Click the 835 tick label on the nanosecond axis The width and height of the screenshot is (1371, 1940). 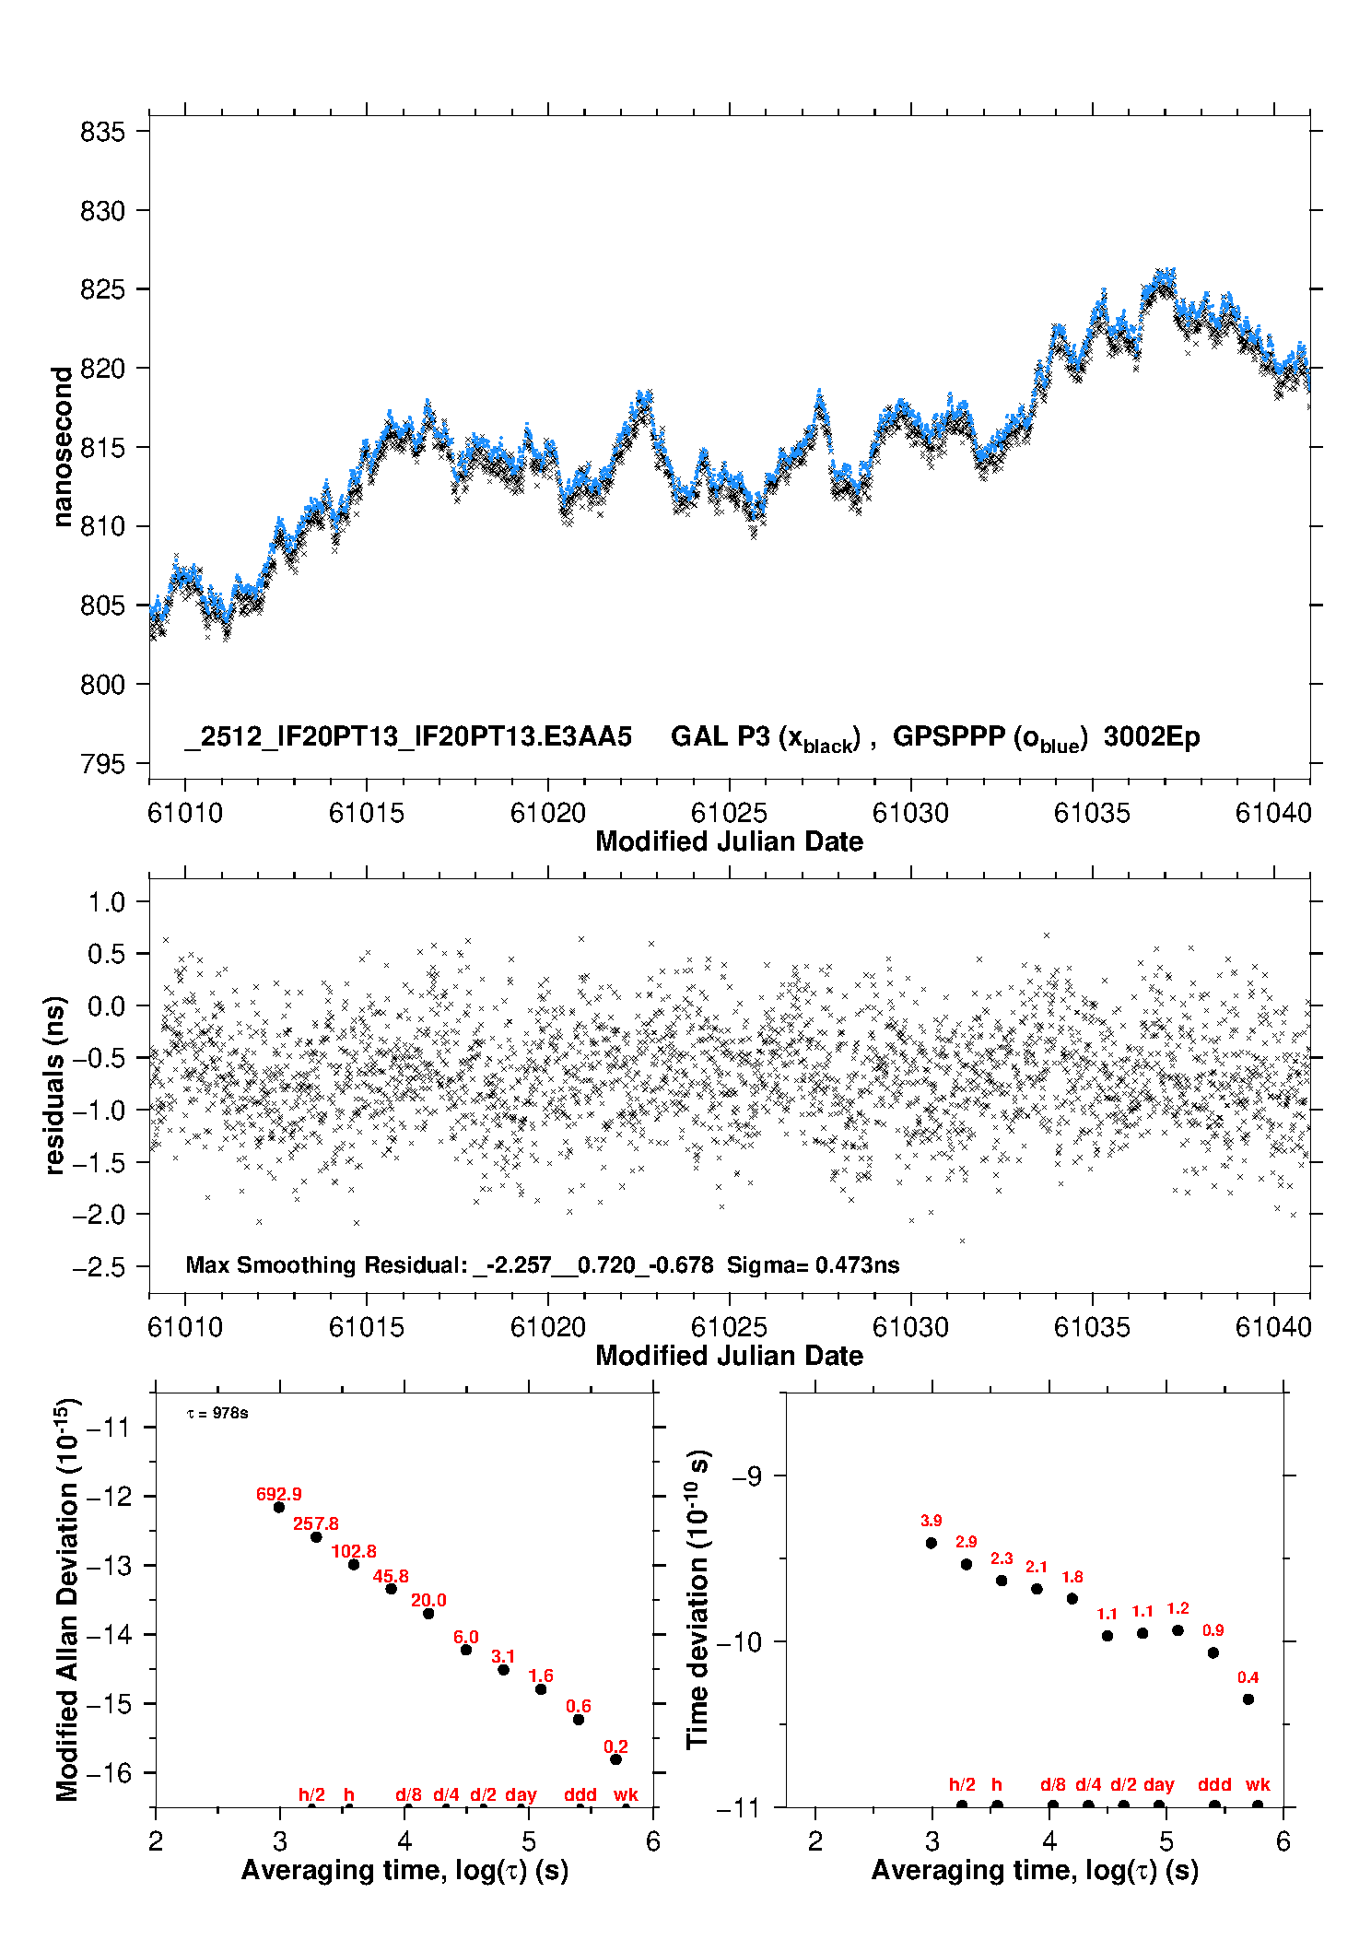(x=102, y=132)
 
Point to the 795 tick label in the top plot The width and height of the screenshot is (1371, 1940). (x=102, y=764)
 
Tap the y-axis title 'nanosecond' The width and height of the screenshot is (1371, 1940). (x=62, y=447)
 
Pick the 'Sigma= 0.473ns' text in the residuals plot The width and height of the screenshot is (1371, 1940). (x=813, y=1264)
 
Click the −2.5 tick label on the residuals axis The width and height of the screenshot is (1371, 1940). (x=99, y=1267)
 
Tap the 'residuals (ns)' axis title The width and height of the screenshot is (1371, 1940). (x=55, y=1085)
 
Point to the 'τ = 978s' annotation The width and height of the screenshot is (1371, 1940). (x=217, y=1413)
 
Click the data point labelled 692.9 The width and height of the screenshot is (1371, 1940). (x=279, y=1507)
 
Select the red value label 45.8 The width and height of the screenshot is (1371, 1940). (x=391, y=1576)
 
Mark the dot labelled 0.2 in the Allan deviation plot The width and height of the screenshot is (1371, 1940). (x=615, y=1758)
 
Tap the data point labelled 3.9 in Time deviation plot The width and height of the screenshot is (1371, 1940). (x=931, y=1543)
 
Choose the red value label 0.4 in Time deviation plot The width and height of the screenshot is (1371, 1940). (x=1248, y=1677)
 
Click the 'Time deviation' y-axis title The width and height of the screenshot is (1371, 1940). (x=697, y=1599)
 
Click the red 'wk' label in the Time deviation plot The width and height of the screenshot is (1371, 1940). (x=1258, y=1784)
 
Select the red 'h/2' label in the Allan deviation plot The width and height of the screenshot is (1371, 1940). (x=311, y=1794)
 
